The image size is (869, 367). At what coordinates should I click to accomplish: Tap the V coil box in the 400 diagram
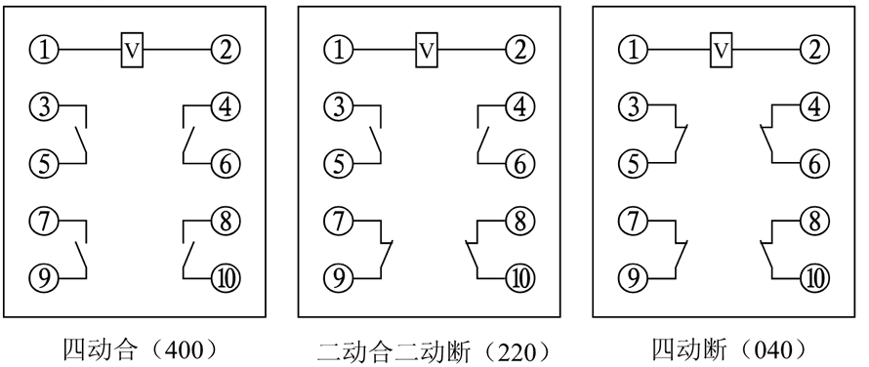(132, 48)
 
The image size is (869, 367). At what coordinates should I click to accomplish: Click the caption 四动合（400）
(138, 347)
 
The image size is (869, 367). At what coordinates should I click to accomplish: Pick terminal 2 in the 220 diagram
(519, 48)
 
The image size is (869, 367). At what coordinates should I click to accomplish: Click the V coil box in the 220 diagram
(426, 48)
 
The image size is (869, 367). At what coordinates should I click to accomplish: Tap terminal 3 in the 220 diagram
(336, 105)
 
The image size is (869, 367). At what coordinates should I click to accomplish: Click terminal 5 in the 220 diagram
(336, 163)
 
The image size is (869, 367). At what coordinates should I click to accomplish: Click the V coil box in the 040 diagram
(722, 48)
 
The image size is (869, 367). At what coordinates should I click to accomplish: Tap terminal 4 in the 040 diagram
(812, 105)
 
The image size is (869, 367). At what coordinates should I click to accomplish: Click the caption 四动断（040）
(726, 347)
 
